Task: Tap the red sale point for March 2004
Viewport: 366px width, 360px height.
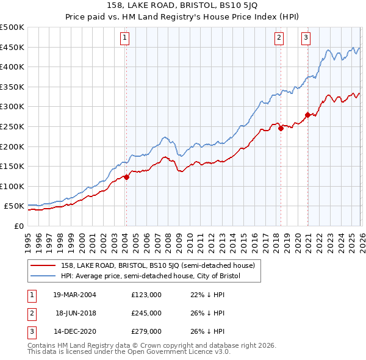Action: point(126,177)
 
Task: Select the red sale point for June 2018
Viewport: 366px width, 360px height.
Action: point(281,128)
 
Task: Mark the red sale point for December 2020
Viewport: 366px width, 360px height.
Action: point(307,115)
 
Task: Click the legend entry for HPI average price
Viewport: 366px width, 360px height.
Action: point(151,276)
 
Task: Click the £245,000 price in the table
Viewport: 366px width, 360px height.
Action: point(146,313)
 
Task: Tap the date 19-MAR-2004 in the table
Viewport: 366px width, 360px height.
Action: point(74,295)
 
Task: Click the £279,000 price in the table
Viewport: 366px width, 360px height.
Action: point(146,331)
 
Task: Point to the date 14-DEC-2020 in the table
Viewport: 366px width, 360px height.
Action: point(74,331)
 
